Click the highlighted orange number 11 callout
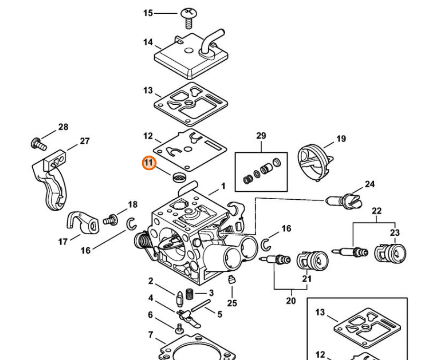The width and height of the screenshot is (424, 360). (149, 163)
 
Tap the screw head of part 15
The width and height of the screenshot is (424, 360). (189, 13)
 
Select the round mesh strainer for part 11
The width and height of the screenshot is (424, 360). (179, 177)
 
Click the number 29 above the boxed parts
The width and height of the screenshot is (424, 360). (261, 136)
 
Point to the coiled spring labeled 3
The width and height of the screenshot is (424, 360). (190, 294)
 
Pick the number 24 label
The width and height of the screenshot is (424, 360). (369, 184)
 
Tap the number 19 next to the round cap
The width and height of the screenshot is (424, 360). (341, 139)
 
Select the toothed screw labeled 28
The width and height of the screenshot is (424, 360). (39, 144)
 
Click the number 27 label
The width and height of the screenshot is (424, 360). (84, 141)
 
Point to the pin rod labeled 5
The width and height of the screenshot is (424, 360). (201, 305)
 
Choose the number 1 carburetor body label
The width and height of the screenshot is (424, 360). (223, 186)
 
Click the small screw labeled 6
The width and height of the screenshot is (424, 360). (179, 328)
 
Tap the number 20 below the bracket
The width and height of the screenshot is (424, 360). (291, 301)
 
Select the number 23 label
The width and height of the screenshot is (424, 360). (395, 232)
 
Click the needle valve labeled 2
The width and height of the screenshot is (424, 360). (180, 299)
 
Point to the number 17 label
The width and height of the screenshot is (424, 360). (63, 241)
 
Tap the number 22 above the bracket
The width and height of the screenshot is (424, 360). (377, 211)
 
